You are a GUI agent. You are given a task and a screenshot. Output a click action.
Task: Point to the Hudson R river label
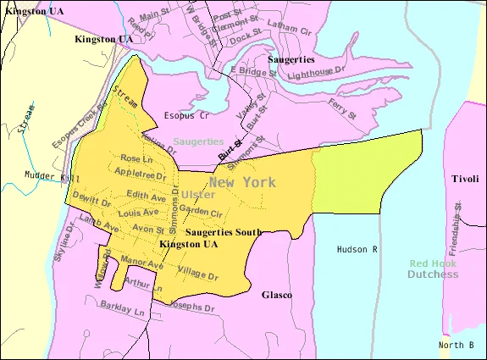coord(357,250)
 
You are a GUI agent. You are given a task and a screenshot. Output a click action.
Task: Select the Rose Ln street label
coord(137,158)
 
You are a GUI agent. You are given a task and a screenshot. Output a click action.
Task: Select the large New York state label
coord(243,181)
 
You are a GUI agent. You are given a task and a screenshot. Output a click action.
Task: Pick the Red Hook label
coord(433,263)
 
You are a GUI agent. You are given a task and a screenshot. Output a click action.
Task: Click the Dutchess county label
coord(433,274)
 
